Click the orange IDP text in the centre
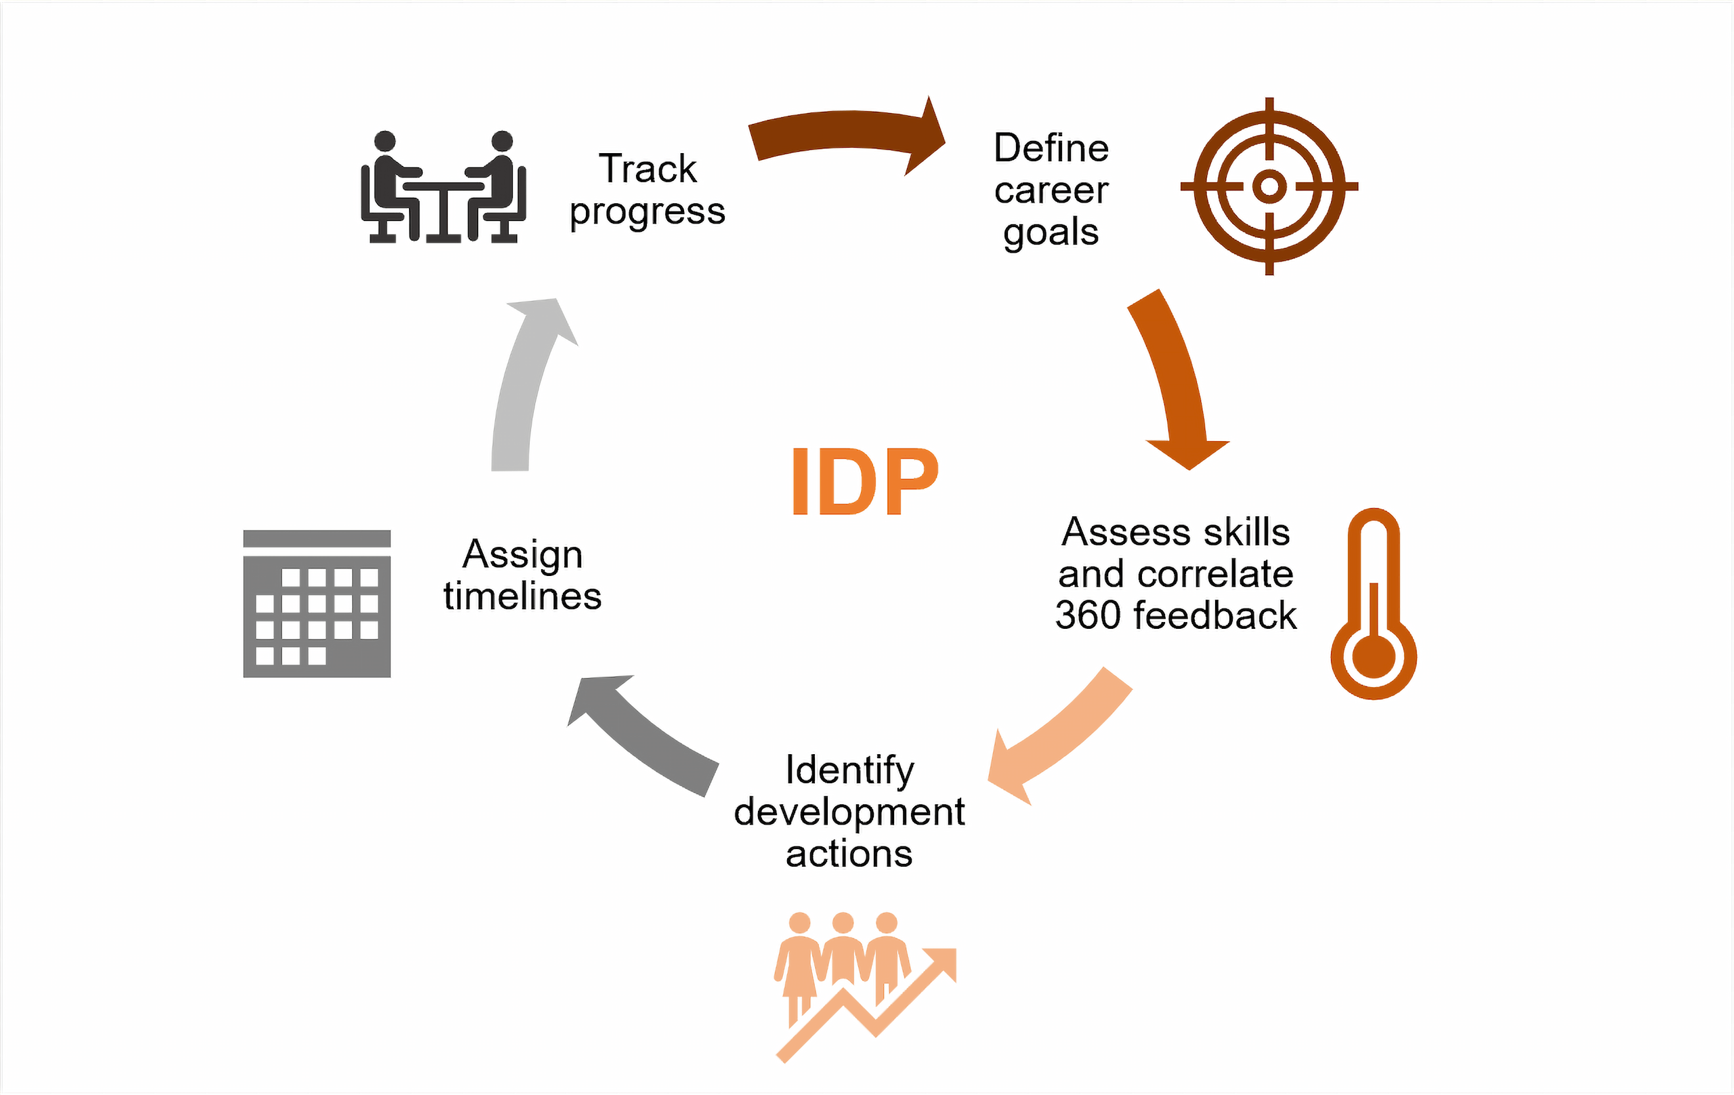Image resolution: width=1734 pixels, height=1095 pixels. coord(865,481)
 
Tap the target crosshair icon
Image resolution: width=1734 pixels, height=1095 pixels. coord(1269,186)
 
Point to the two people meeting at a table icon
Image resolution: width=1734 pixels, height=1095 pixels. coord(443,187)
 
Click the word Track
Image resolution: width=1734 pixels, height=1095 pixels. coord(648,169)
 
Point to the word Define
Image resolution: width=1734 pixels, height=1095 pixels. coord(1051,148)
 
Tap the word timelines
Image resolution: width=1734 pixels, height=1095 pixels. coord(522,596)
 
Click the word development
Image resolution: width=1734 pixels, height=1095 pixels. coord(849,812)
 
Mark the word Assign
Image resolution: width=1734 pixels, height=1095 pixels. coord(522,555)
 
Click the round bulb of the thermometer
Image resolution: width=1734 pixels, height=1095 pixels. coord(1373,657)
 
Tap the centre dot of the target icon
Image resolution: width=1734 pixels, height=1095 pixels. coord(1269,186)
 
